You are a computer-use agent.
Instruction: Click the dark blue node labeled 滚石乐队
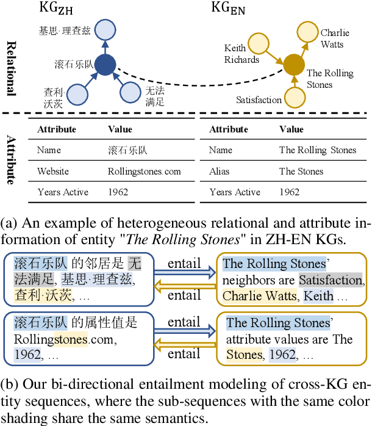[x=107, y=64]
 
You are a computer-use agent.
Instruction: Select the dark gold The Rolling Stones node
[x=294, y=63]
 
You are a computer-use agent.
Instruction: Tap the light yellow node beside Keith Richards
[x=260, y=43]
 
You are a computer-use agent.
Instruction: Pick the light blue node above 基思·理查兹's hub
[x=106, y=29]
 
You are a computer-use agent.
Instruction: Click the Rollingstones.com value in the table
[x=144, y=171]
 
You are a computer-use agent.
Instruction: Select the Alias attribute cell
[x=219, y=171]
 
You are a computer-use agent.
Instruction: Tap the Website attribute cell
[x=53, y=171]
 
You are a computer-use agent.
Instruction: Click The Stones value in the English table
[x=301, y=171]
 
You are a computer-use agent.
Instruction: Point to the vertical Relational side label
[x=10, y=68]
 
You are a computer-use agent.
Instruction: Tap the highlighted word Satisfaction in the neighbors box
[x=331, y=280]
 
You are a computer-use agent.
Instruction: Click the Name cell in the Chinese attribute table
[x=49, y=150]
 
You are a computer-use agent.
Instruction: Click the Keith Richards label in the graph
[x=241, y=54]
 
